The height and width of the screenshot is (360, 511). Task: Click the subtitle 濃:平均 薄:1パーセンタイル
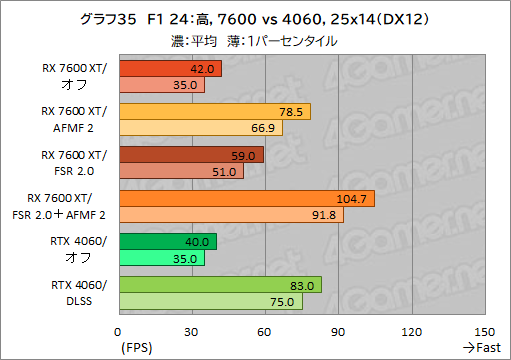[x=255, y=41]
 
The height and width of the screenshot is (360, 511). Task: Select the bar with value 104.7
[x=246, y=198]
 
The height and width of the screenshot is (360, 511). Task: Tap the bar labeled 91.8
[x=230, y=214]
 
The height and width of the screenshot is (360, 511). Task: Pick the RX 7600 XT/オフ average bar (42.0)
[x=170, y=69]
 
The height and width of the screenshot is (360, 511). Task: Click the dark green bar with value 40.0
[x=167, y=241]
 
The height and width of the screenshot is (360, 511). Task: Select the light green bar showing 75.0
[x=210, y=301]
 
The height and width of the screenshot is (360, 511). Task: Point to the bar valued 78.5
[x=214, y=112]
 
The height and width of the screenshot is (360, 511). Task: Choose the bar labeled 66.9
[x=200, y=128]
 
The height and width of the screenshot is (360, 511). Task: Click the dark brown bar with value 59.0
[x=190, y=155]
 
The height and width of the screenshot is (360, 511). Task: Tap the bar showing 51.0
[x=180, y=171]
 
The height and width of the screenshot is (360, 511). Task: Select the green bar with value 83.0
[x=220, y=285]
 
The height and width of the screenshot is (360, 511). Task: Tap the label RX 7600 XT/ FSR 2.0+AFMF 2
[x=68, y=206]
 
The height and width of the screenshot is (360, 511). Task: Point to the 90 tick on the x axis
[x=338, y=331]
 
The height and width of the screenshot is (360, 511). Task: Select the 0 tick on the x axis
[x=119, y=331]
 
